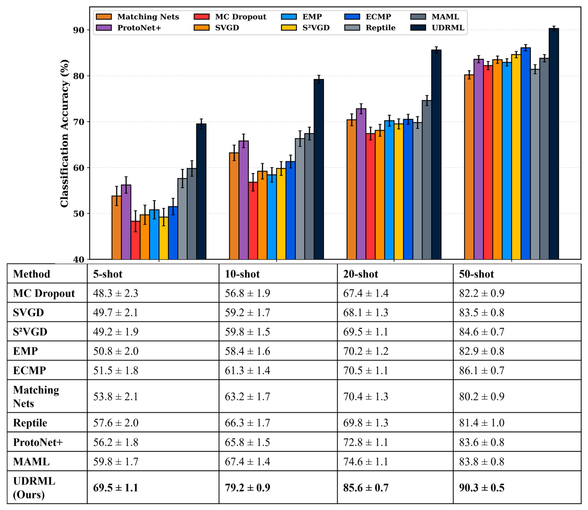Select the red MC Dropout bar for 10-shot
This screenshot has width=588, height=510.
(x=253, y=221)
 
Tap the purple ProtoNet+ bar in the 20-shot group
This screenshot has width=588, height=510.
(x=361, y=184)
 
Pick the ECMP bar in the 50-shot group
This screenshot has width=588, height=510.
(x=526, y=153)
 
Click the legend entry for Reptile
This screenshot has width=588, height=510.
(x=370, y=28)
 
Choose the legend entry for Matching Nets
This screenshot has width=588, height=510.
(x=137, y=17)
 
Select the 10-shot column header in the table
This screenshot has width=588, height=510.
(x=242, y=274)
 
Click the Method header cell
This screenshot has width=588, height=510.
(x=32, y=274)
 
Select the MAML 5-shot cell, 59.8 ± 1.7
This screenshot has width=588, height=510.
(x=116, y=461)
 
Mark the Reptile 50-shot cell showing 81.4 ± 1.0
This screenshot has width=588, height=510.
(x=482, y=423)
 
